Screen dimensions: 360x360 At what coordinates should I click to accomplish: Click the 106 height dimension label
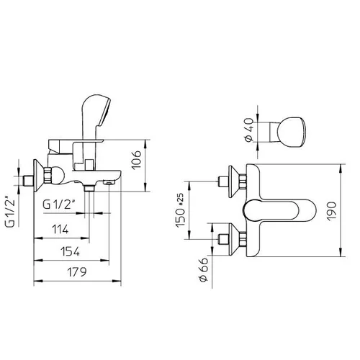pos(137,160)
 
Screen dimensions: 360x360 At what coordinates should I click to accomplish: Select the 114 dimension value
pos(60,230)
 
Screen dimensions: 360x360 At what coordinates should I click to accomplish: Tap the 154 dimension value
pos(70,252)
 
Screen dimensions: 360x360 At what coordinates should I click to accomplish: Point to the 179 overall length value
pos(76,272)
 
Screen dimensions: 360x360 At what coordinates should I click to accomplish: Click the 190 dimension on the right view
pos(332,211)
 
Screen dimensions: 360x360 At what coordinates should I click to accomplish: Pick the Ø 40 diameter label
pos(250,130)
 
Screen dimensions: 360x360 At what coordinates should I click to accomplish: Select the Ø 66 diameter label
pos(203,269)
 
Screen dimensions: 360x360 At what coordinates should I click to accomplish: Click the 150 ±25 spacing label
pos(180,210)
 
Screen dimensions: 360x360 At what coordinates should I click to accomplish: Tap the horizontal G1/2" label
pos(59,204)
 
